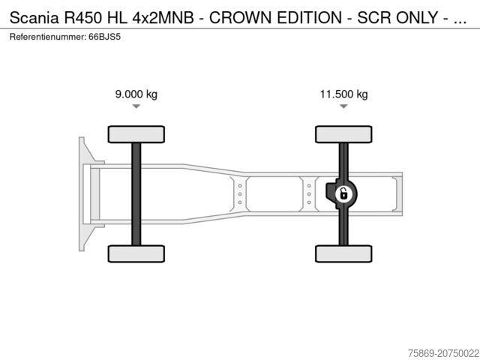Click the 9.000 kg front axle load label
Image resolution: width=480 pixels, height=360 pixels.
pos(136,94)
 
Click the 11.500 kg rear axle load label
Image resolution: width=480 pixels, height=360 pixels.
pos(343,94)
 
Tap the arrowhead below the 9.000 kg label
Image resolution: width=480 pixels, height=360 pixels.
pos(136,106)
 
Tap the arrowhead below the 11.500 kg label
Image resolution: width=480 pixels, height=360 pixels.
pos(343,106)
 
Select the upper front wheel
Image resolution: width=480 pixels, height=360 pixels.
pos(136,134)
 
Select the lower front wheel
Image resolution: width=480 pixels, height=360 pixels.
pos(136,253)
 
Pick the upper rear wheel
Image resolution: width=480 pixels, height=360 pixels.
pos(343,134)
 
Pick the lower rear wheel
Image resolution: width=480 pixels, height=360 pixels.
pos(343,253)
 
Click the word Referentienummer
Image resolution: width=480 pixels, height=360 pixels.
pos(46,36)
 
